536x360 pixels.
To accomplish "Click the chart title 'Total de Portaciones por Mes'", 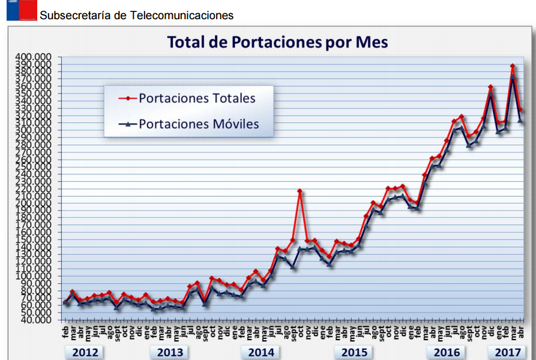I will coord(277,42).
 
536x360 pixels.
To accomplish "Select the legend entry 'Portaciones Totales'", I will coord(197,98).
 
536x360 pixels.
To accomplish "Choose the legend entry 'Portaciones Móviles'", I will coord(199,124).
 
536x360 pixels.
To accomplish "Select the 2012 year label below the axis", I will coord(85,352).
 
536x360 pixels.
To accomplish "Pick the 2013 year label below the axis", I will coord(170,352).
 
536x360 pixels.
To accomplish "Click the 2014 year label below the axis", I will coord(261,352).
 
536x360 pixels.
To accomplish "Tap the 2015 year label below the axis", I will coord(354,352).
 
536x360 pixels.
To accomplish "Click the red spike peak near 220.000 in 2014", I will coord(300,191).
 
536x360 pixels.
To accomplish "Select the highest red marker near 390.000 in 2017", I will coord(513,66).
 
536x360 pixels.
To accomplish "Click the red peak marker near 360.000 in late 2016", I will coord(490,88).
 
